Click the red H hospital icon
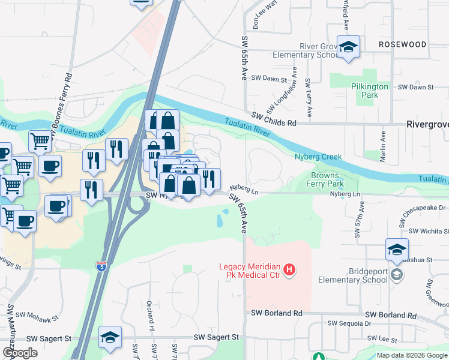289,270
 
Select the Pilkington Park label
370,91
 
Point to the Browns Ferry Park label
325,180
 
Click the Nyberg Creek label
318,157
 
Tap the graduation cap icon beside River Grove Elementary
348,48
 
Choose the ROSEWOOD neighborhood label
403,45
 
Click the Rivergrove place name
427,124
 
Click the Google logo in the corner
20,353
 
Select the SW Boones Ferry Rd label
62,107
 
